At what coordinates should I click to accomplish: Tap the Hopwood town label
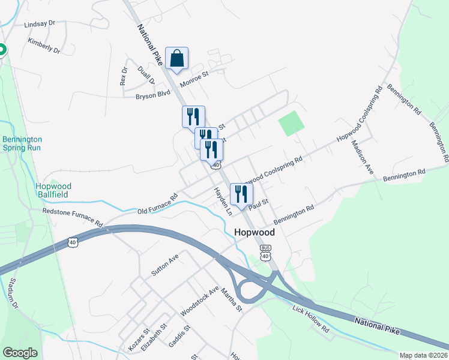[x=254, y=232]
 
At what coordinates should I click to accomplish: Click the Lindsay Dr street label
[x=40, y=24]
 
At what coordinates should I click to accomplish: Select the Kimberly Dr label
[x=44, y=46]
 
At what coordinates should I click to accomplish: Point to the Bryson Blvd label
[x=153, y=95]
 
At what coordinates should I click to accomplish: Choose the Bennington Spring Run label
[x=22, y=143]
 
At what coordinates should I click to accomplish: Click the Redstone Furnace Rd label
[x=73, y=217]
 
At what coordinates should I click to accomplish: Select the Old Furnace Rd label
[x=158, y=204]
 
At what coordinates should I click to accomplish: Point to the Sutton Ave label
[x=165, y=265]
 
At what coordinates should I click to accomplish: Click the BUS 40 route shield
[x=266, y=253]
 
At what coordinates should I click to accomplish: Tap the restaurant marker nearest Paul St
[x=241, y=194]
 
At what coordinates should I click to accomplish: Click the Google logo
[x=20, y=353]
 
